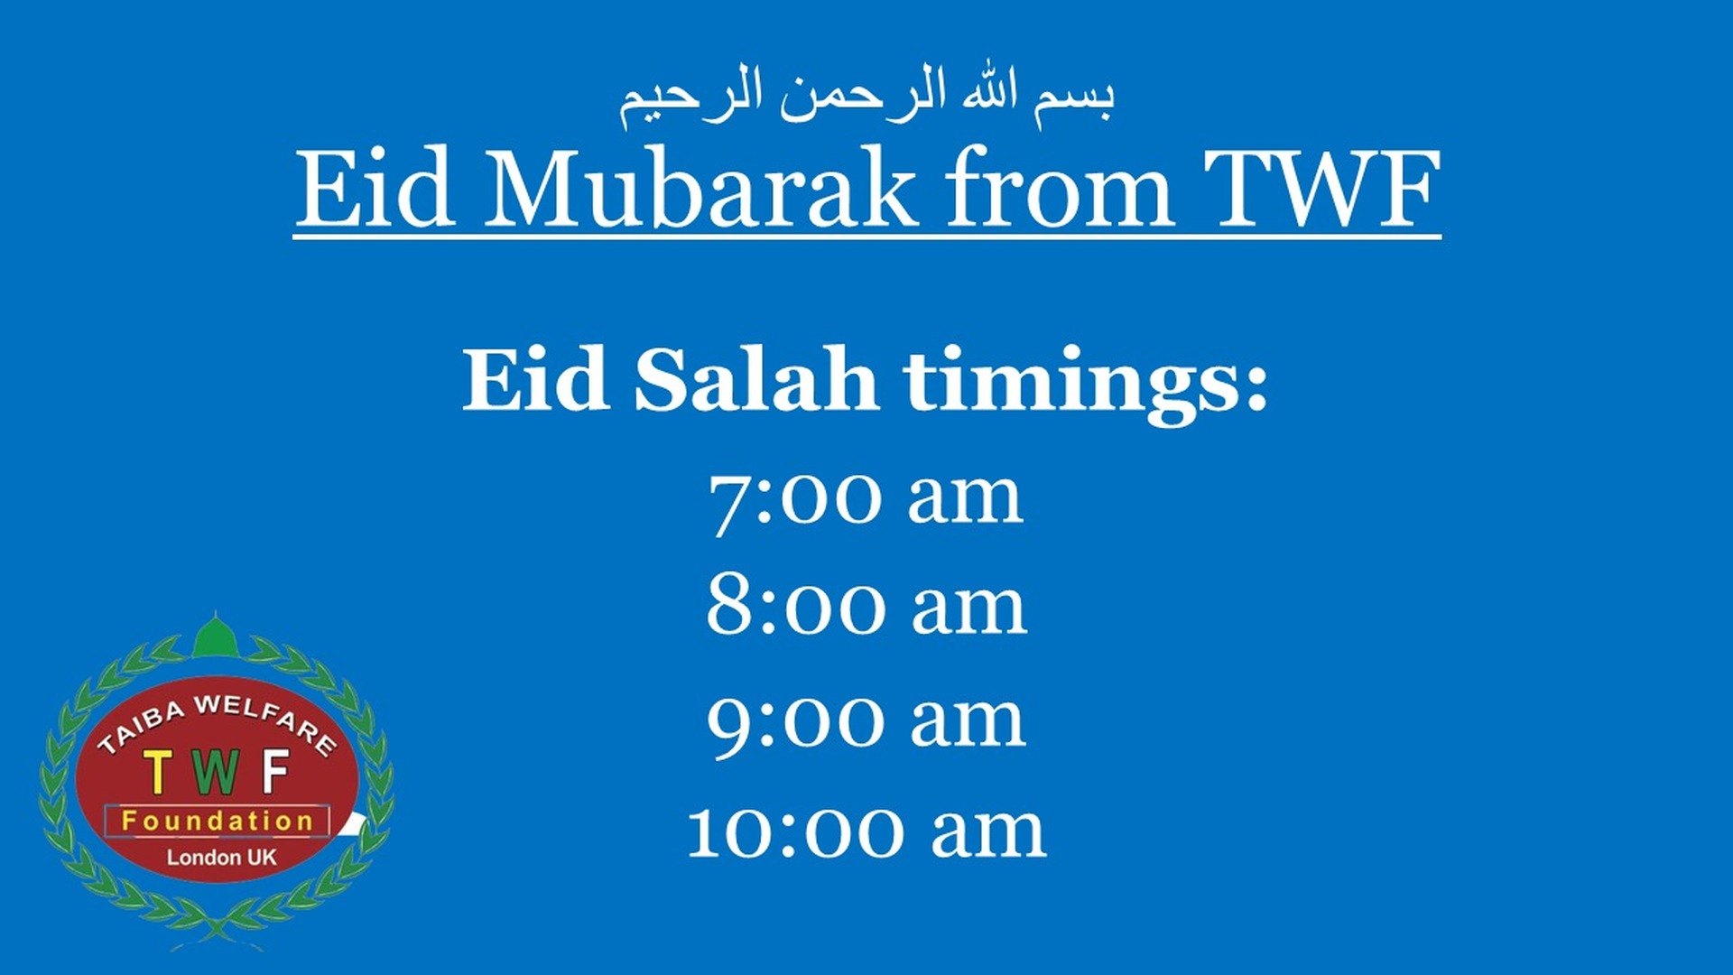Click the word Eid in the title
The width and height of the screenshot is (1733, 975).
pyautogui.click(x=375, y=190)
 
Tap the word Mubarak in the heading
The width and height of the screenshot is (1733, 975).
pyautogui.click(x=700, y=190)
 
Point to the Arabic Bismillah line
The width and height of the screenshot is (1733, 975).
pyautogui.click(x=866, y=95)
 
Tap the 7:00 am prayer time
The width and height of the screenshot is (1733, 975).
pyautogui.click(x=866, y=498)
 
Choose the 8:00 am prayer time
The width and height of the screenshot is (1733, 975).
pyautogui.click(x=866, y=608)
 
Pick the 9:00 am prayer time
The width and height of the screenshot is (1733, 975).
pyautogui.click(x=866, y=720)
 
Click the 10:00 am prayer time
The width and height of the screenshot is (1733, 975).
pyautogui.click(x=866, y=831)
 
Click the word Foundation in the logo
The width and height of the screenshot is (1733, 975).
pyautogui.click(x=218, y=822)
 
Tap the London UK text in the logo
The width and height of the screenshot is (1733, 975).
pyautogui.click(x=221, y=858)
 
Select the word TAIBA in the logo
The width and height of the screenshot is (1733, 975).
pyautogui.click(x=140, y=728)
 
